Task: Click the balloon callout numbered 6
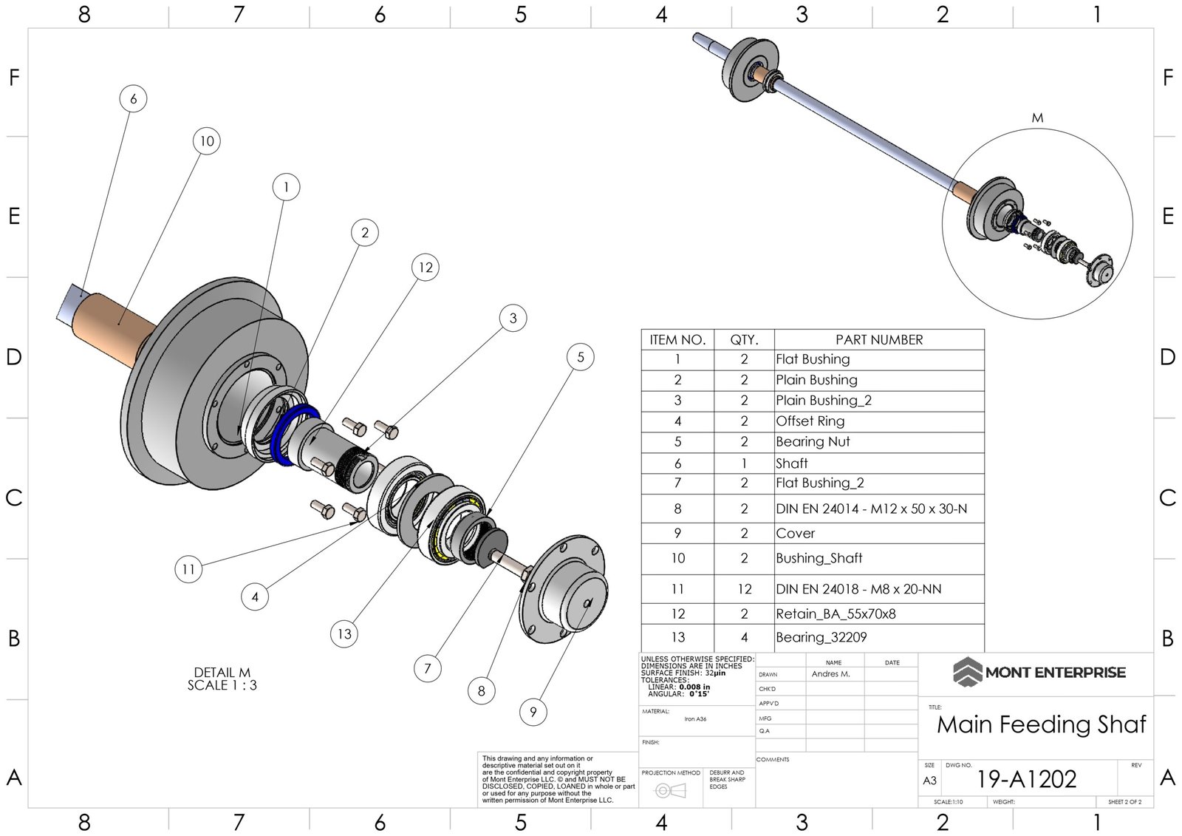[x=133, y=99]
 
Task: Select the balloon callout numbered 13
[x=344, y=633]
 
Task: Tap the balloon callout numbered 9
[x=533, y=712]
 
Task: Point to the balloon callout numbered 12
[x=426, y=268]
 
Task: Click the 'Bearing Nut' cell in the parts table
[x=813, y=442]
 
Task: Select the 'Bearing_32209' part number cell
[x=821, y=637]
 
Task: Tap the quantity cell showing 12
[x=744, y=589]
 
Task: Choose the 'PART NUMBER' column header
[x=879, y=340]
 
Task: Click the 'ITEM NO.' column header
[x=677, y=340]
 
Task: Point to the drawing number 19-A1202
[x=1026, y=779]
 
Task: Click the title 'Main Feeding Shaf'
[x=1041, y=724]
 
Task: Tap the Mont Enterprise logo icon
[x=966, y=672]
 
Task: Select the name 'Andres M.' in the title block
[x=830, y=674]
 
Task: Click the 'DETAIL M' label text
[x=222, y=673]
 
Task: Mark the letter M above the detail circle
[x=1037, y=118]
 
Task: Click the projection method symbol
[x=670, y=791]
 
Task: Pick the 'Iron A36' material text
[x=695, y=718]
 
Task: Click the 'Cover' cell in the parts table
[x=796, y=534]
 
